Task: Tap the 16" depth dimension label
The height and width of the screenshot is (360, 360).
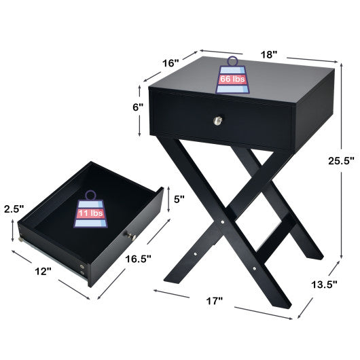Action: click(x=171, y=62)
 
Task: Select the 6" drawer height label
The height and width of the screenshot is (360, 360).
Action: click(x=138, y=107)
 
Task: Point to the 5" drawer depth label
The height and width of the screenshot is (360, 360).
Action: click(x=180, y=199)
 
